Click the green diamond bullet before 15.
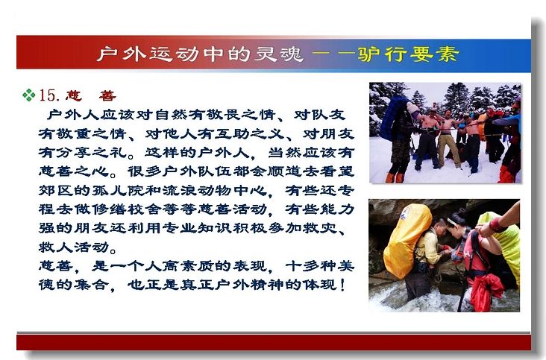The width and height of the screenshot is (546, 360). [28, 95]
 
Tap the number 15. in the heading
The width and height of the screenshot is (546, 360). [49, 95]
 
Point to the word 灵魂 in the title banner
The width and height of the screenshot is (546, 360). [278, 54]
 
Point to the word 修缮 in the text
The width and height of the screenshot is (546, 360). [109, 209]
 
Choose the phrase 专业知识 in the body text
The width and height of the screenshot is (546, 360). [198, 228]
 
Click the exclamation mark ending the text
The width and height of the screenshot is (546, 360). [342, 285]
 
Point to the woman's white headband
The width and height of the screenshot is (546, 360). [454, 222]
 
